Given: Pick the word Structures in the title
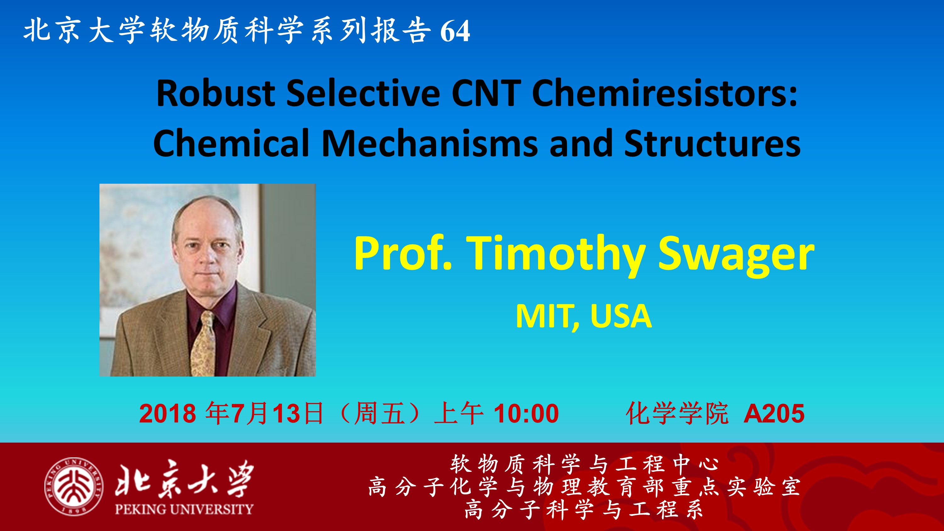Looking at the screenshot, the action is [x=712, y=143].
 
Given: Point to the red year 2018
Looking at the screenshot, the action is [x=167, y=413].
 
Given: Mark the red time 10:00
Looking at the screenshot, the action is [x=526, y=413].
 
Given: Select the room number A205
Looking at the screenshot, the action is [x=774, y=413].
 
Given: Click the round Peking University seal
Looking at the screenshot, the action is [x=74, y=487].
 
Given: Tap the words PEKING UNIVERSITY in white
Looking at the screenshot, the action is [x=184, y=509].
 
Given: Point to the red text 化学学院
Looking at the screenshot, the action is [x=677, y=413].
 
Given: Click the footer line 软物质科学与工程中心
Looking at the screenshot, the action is [x=585, y=464].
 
